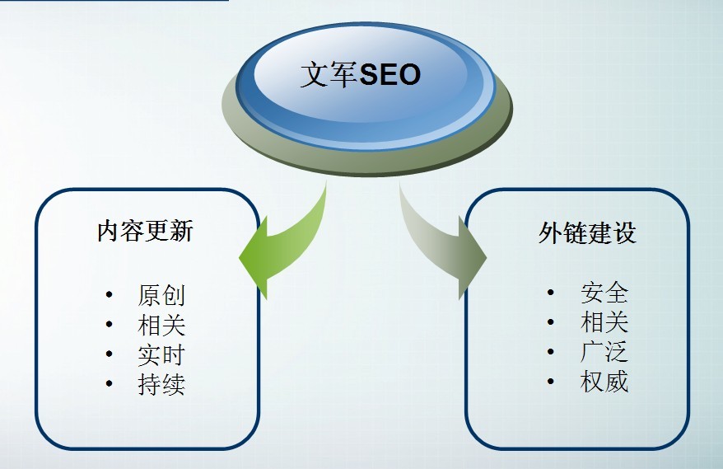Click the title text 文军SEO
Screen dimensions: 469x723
coord(360,75)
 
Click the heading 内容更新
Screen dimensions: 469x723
coord(145,231)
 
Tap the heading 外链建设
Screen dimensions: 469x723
coord(587,233)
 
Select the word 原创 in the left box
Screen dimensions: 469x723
coord(161,296)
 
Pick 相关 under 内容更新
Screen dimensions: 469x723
coord(161,325)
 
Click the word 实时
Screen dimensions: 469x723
coord(161,354)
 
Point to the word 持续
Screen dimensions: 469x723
coord(161,384)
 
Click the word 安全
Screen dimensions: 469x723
coord(604,293)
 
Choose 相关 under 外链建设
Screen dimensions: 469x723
coord(604,322)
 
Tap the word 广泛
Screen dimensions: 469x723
coord(604,352)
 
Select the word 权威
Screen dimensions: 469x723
coord(604,382)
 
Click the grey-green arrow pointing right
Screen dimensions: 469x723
coord(449,247)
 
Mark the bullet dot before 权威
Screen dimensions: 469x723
coord(551,382)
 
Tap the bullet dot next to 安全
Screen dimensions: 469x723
coord(551,293)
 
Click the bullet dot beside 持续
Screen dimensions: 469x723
coord(110,385)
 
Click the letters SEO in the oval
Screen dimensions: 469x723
coord(391,75)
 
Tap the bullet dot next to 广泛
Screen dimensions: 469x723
coord(551,353)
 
